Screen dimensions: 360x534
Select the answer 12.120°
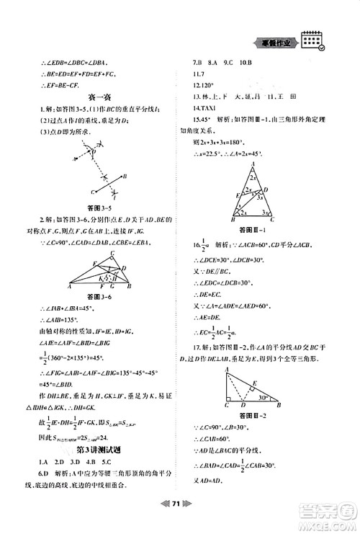tap(204, 95)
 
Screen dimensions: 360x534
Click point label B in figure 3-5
tap(126, 175)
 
